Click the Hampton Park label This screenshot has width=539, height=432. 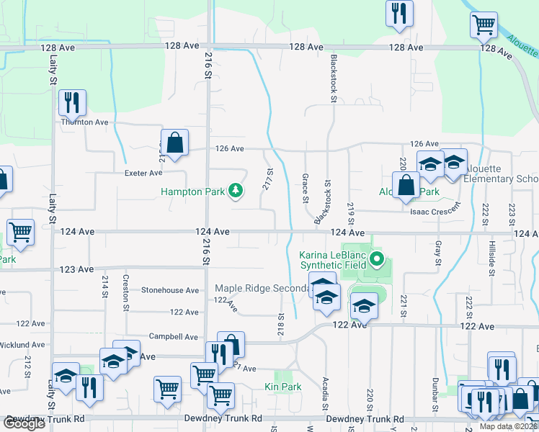(x=192, y=192)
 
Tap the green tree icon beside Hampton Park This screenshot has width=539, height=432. (x=235, y=191)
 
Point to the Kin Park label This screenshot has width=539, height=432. (x=288, y=387)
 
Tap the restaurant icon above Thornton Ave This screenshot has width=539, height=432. (x=71, y=102)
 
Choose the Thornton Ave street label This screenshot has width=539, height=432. (x=84, y=122)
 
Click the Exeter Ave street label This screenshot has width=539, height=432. (x=143, y=173)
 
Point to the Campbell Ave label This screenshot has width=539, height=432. (x=173, y=336)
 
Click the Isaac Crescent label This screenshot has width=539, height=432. (x=435, y=212)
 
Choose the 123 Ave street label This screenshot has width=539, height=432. (x=76, y=269)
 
